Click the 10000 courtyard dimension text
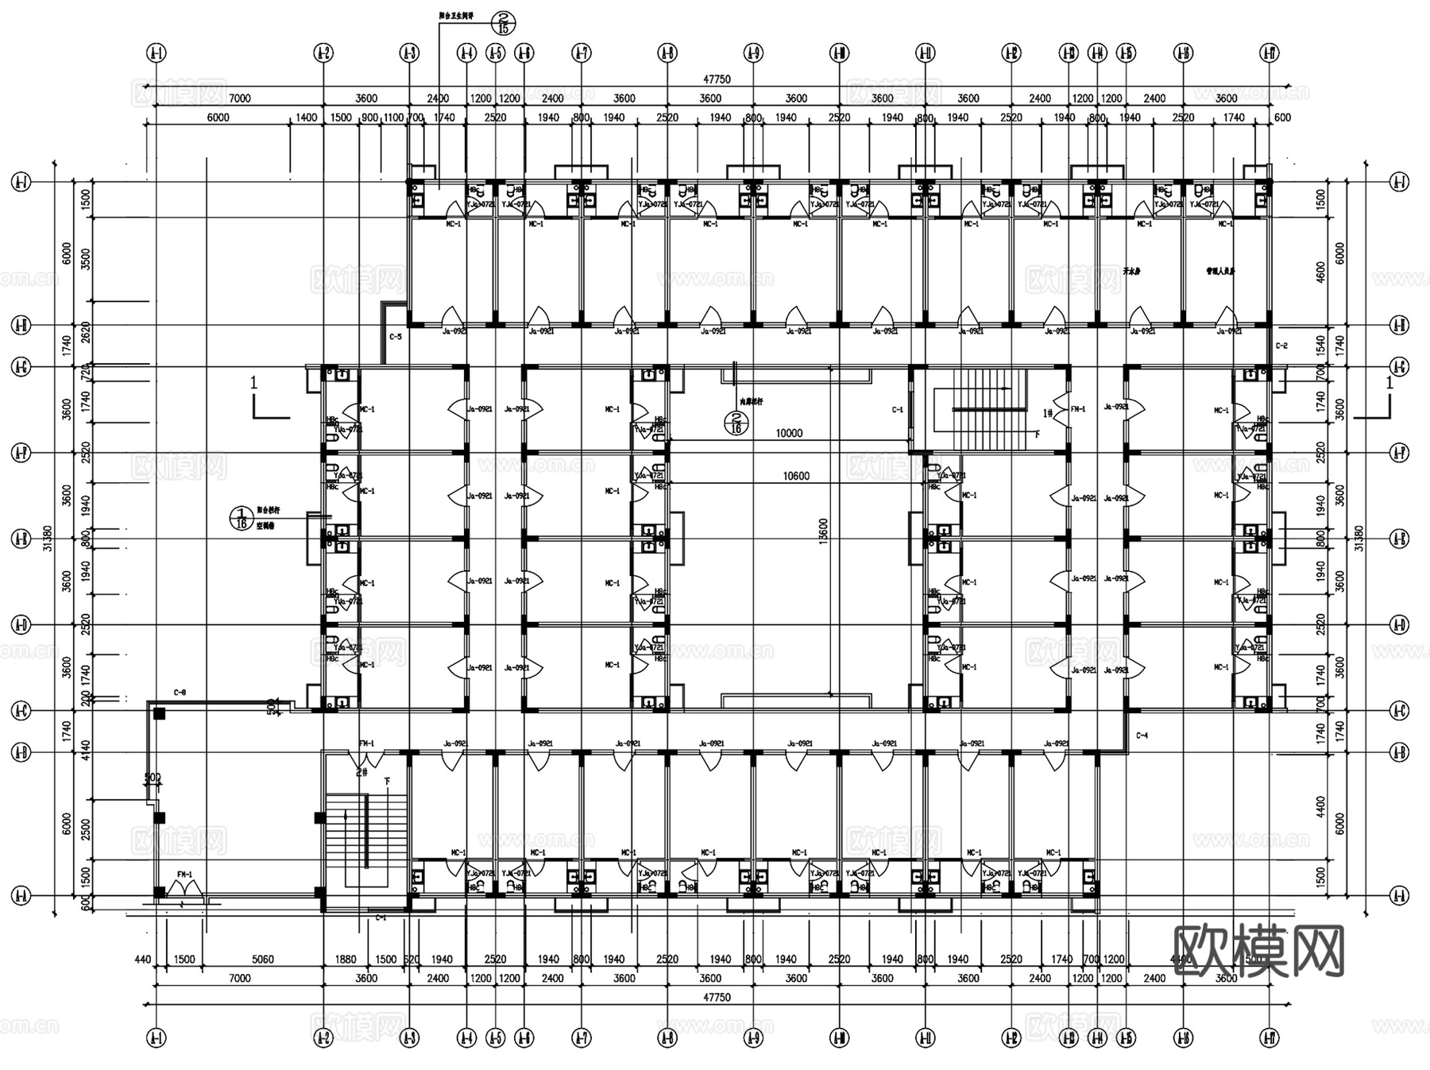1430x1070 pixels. (x=789, y=433)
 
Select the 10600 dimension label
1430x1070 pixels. (x=796, y=476)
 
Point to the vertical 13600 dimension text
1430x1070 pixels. (x=823, y=531)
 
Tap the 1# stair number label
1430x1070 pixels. (x=1048, y=412)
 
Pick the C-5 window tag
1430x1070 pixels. (x=395, y=337)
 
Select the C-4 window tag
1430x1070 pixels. (x=1142, y=736)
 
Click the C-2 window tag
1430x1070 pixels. (x=1281, y=346)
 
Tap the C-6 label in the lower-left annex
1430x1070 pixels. (x=180, y=693)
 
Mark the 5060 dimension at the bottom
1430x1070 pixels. (x=262, y=959)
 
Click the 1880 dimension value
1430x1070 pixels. (x=346, y=959)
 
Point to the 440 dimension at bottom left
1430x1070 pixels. (x=143, y=959)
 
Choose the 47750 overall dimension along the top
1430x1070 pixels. (x=717, y=79)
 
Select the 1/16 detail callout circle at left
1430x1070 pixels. (x=240, y=518)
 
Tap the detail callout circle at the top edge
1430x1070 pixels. (x=502, y=22)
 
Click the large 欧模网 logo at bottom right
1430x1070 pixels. (x=1258, y=951)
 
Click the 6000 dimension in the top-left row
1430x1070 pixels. (x=218, y=118)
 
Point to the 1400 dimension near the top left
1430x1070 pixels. (x=306, y=118)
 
